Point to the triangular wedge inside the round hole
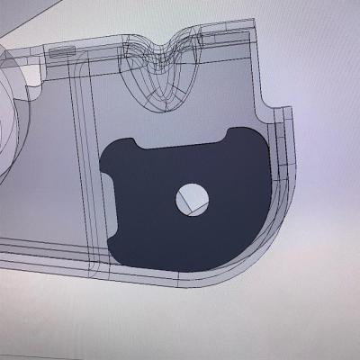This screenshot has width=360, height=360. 194,206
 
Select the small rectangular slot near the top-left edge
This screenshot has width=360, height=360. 61,53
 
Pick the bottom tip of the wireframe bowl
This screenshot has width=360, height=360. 164,105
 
